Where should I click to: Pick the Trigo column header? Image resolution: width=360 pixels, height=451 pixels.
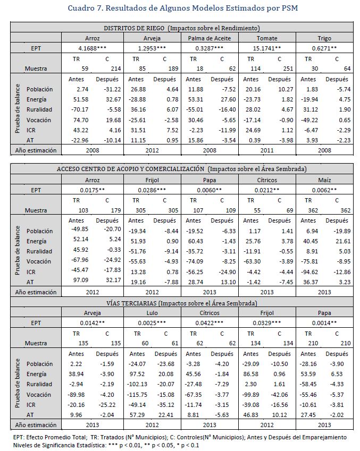coord(325,38)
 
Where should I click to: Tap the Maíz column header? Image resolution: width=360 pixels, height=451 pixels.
coord(325,180)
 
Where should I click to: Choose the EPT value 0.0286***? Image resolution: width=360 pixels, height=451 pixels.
coord(152,190)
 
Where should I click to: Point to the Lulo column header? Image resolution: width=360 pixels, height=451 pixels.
coord(152,313)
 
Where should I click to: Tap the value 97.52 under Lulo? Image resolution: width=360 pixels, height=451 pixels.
coord(137,374)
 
